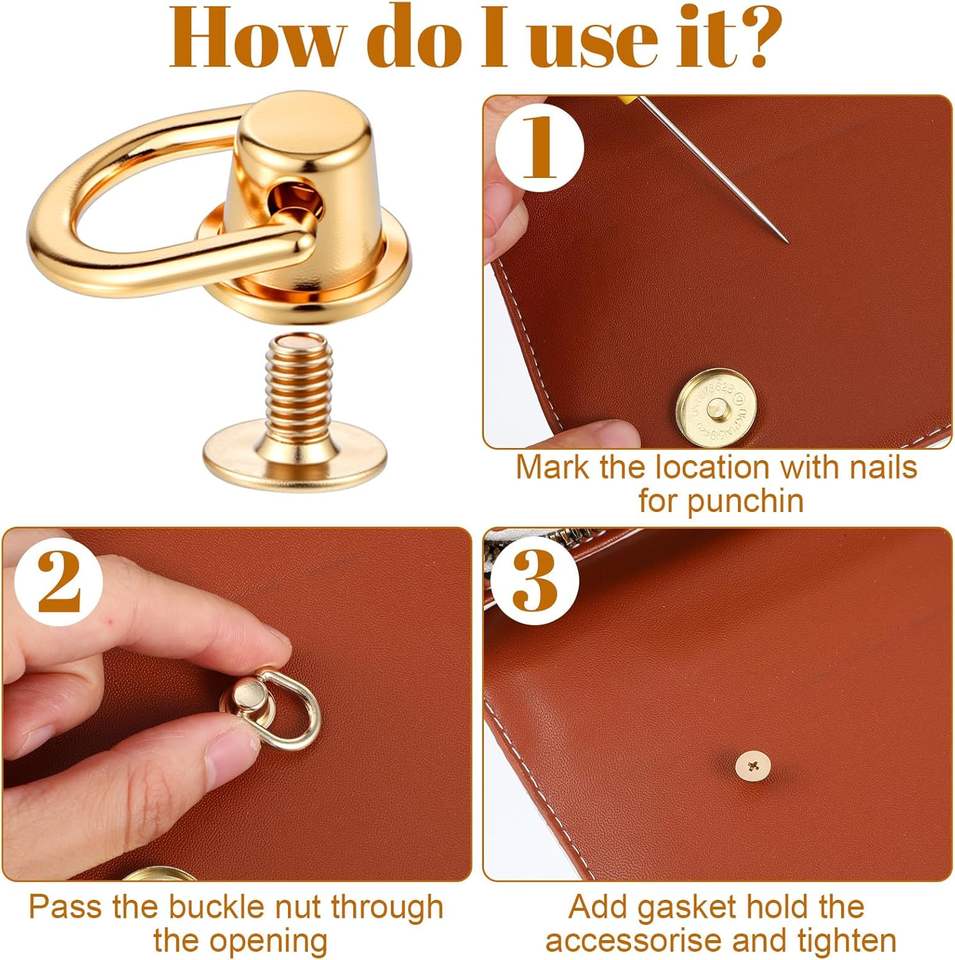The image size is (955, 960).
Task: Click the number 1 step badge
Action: pyautogui.click(x=539, y=148)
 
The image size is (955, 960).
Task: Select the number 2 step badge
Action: pyautogui.click(x=59, y=581)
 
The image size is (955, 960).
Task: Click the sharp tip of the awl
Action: pyautogui.click(x=787, y=242)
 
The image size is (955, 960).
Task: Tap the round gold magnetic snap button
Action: pyautogui.click(x=716, y=408)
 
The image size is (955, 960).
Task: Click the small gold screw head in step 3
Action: pyautogui.click(x=752, y=766)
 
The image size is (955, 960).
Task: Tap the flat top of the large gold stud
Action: pyautogui.click(x=303, y=120)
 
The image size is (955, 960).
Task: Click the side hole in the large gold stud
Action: pyautogui.click(x=293, y=196)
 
